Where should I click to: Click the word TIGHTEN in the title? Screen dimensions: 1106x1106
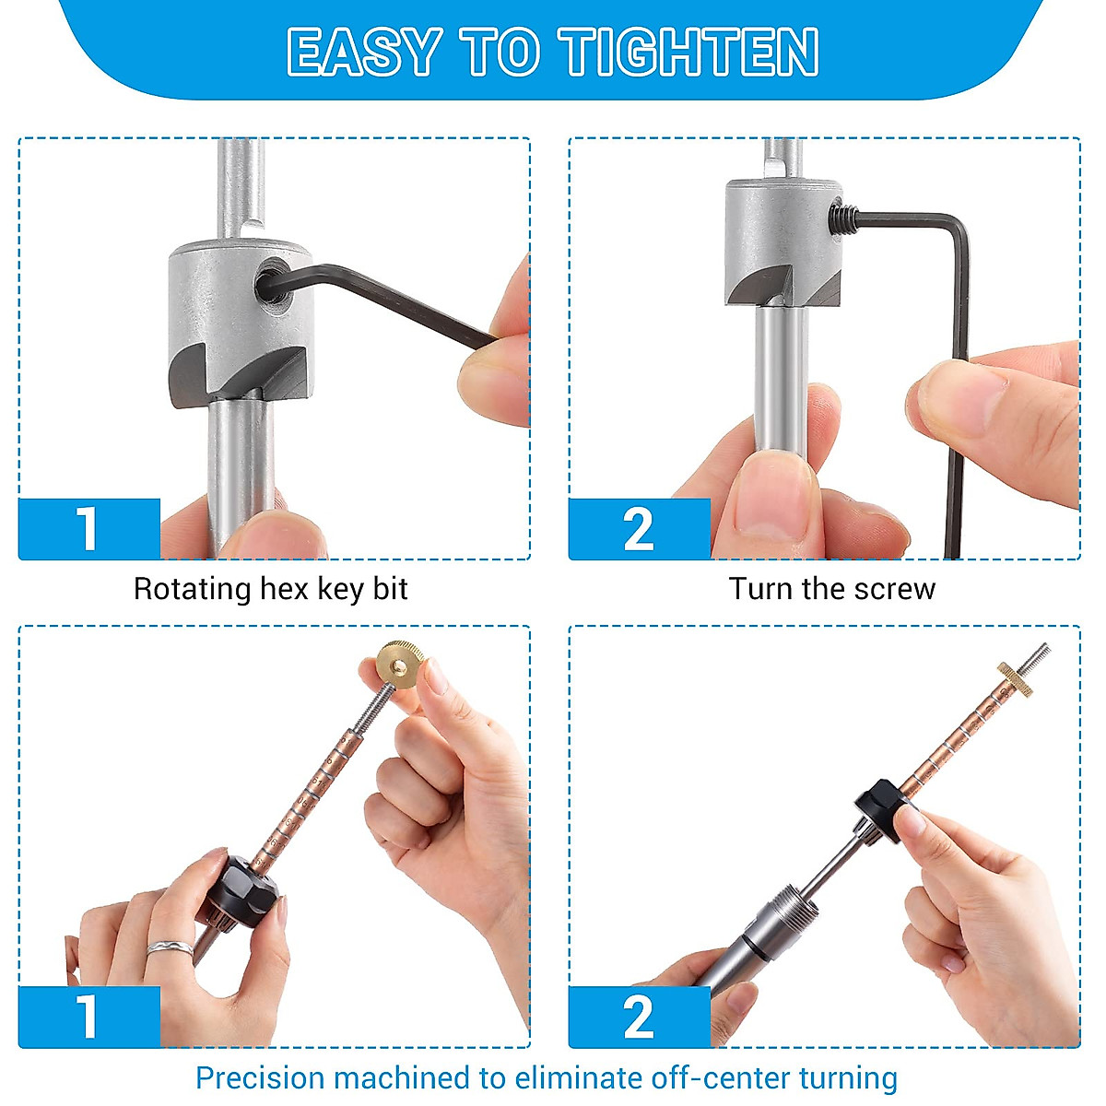(689, 52)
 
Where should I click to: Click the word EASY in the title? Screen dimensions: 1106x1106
(363, 52)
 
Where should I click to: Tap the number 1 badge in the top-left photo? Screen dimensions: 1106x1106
(88, 529)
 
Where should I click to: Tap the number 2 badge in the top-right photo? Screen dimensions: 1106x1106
(638, 529)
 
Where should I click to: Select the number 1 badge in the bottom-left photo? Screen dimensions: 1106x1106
(88, 1017)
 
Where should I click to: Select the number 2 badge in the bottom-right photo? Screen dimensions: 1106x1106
(638, 1017)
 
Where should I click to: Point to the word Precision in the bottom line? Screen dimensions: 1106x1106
(260, 1077)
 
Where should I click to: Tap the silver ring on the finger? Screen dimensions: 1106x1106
(171, 947)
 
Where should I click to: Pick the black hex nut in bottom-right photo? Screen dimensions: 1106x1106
(880, 799)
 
